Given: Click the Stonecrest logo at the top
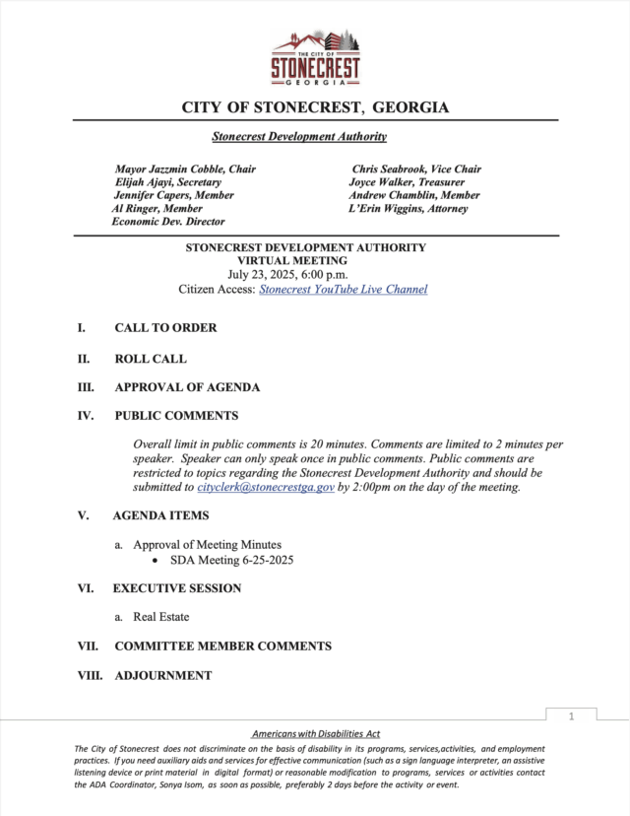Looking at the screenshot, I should [316, 58].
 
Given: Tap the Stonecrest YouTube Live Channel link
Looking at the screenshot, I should [343, 290].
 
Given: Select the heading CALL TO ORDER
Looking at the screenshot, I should [165, 328].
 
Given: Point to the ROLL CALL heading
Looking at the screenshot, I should [151, 360].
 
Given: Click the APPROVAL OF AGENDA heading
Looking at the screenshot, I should [187, 387].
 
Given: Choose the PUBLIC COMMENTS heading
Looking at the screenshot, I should [176, 416].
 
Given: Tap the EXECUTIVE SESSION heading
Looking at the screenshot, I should [177, 588].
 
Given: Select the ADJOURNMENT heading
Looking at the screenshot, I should [163, 676].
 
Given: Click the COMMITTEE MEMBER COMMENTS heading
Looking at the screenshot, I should [222, 646].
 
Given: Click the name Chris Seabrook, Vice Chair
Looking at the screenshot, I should [416, 170].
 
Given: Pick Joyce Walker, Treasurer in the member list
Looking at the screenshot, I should [407, 182].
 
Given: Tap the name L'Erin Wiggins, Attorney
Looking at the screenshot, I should [409, 209].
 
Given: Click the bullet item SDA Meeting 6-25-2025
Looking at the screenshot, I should [231, 561].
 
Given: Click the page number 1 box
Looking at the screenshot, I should [570, 716].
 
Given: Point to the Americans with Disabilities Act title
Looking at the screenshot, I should [316, 734].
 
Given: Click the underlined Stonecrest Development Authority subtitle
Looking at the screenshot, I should [299, 137].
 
